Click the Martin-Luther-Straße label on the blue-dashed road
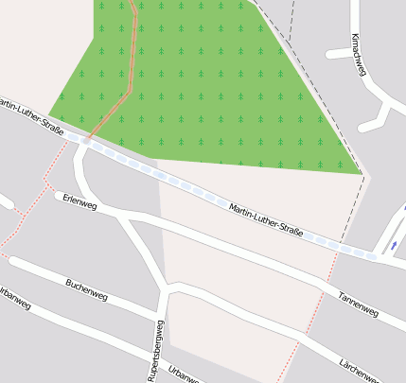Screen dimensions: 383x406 [266, 219]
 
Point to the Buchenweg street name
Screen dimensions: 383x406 [86, 289]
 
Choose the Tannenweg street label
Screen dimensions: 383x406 [357, 305]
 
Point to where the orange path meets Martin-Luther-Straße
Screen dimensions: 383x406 [87, 139]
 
